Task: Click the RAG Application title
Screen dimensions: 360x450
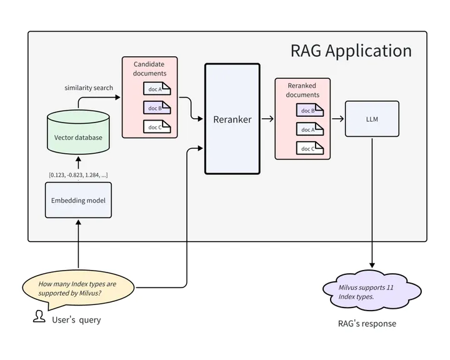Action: point(351,51)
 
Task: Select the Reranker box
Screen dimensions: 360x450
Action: point(232,119)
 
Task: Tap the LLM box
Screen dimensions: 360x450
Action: point(372,119)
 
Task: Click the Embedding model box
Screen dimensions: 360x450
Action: point(78,200)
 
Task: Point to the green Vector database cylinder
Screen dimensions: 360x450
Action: point(78,132)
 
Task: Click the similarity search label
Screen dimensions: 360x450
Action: point(89,87)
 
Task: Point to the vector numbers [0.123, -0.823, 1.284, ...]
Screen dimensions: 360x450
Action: point(78,174)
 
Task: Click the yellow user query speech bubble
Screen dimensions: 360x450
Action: point(78,288)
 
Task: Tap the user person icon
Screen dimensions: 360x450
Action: point(39,317)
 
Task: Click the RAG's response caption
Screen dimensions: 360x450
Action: point(367,323)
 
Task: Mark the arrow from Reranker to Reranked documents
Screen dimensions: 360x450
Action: point(267,119)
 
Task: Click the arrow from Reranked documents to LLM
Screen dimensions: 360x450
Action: point(337,119)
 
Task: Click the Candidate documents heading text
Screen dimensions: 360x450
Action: point(149,69)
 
